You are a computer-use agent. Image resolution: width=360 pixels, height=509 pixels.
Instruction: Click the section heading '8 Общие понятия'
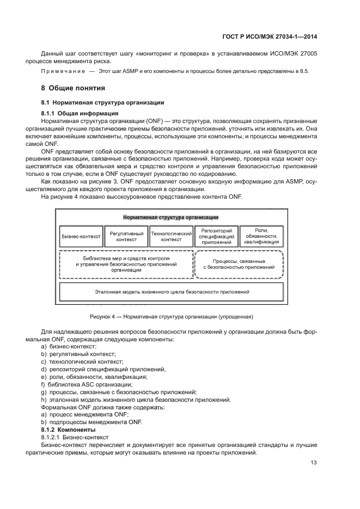73,88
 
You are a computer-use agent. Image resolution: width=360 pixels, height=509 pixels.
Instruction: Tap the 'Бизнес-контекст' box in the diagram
81,236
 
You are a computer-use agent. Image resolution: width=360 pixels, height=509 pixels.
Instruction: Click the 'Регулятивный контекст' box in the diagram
126,236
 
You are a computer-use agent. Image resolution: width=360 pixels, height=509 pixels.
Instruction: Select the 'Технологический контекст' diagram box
172,236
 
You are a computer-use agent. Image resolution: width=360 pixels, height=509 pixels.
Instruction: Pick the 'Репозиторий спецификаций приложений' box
216,236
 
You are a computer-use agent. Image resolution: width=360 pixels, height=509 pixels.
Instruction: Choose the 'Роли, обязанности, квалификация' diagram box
261,236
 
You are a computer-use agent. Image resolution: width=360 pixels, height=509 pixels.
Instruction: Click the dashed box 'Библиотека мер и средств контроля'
126,264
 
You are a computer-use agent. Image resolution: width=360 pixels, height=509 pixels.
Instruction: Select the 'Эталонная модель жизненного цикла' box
172,292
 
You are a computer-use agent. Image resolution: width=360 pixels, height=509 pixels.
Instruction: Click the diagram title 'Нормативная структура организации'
171,217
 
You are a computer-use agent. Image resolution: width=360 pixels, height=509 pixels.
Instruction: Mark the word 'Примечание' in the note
62,72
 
